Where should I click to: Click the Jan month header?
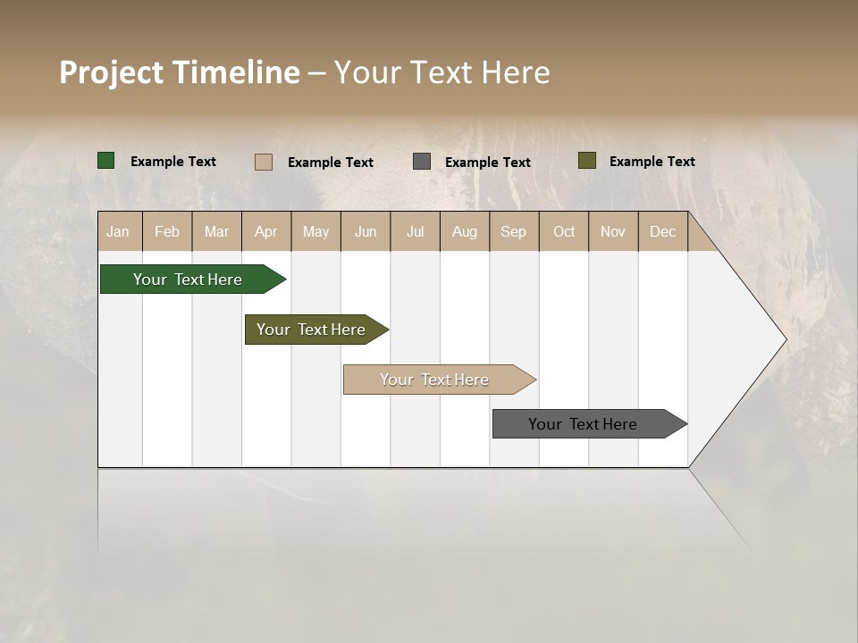118,231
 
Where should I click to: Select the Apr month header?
265,231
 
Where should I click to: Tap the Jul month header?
415,231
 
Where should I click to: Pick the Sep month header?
513,231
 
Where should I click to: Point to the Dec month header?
662,231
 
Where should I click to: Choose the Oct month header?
564,231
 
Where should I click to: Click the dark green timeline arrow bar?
189,280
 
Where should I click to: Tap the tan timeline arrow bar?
435,380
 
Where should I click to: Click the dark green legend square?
106,161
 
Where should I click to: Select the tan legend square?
263,162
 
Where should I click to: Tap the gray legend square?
422,162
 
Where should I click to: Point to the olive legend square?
587,161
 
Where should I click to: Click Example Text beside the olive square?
652,161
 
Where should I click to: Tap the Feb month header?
167,231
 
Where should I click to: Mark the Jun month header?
366,231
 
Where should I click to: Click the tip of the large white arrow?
784,339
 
